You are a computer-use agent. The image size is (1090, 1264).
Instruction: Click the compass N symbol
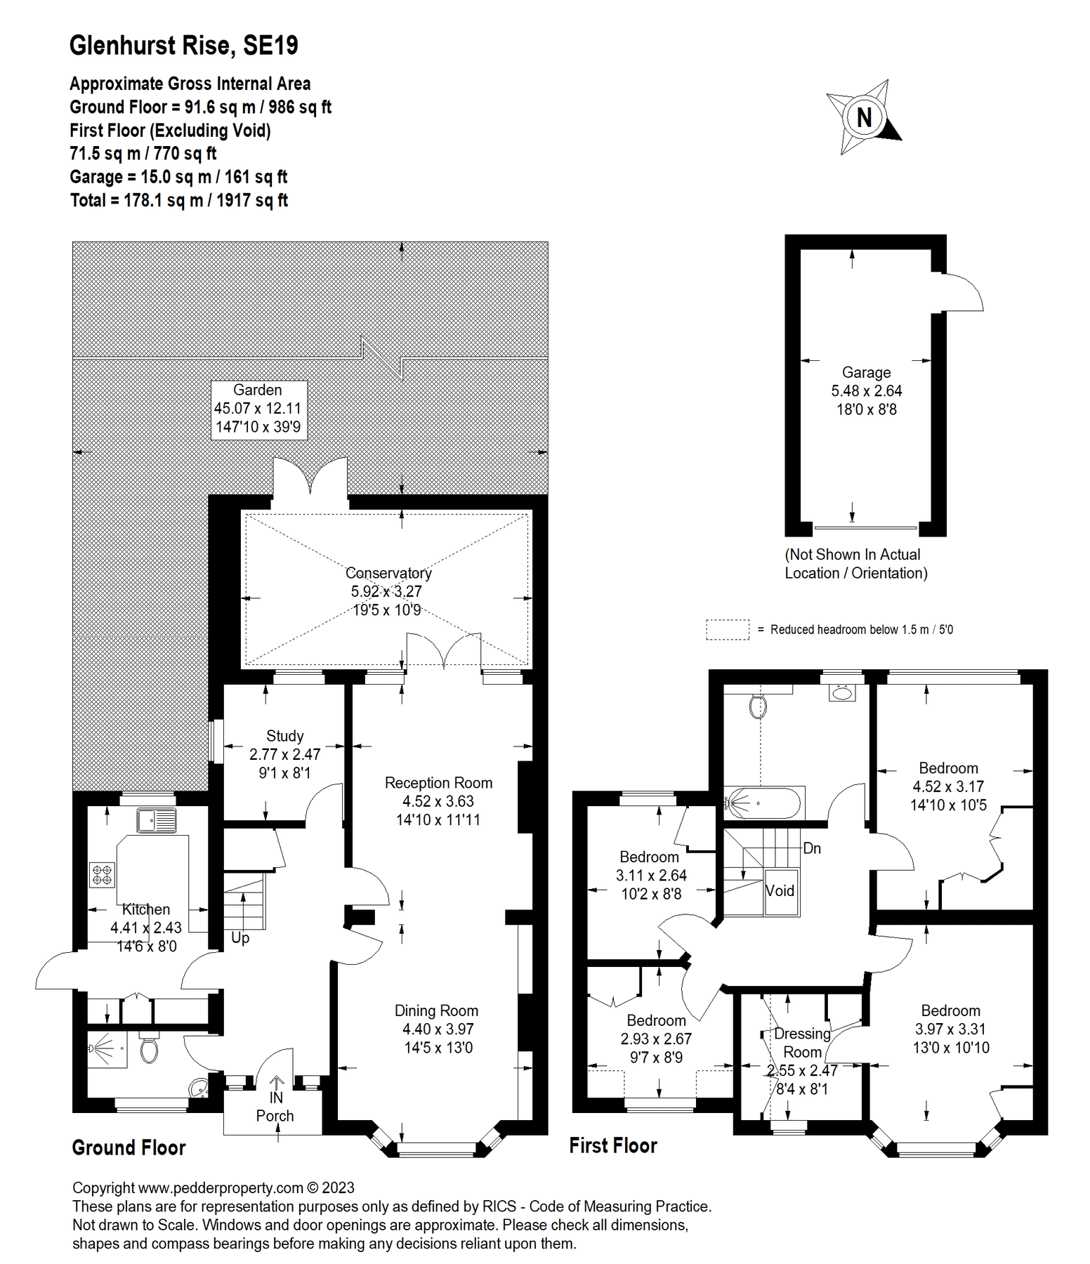tap(864, 117)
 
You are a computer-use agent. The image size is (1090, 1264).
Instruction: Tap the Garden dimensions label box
tap(258, 409)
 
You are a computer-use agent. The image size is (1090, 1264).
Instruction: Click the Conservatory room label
tap(388, 573)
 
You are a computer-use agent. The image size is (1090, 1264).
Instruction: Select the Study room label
tap(284, 736)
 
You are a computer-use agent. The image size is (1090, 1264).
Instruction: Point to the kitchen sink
tap(157, 819)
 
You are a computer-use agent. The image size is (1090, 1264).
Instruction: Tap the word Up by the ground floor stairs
tap(240, 938)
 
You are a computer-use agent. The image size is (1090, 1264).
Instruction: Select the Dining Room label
tap(436, 1010)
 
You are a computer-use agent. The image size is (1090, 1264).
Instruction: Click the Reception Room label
tap(438, 783)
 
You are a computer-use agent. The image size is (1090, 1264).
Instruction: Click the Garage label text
tap(866, 373)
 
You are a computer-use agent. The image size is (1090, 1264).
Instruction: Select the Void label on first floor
tap(780, 891)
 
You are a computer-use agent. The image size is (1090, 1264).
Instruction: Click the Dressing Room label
tap(802, 1043)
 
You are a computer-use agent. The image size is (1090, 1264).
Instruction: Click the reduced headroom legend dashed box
tap(727, 629)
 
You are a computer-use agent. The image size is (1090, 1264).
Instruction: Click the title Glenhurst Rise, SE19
tap(184, 46)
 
